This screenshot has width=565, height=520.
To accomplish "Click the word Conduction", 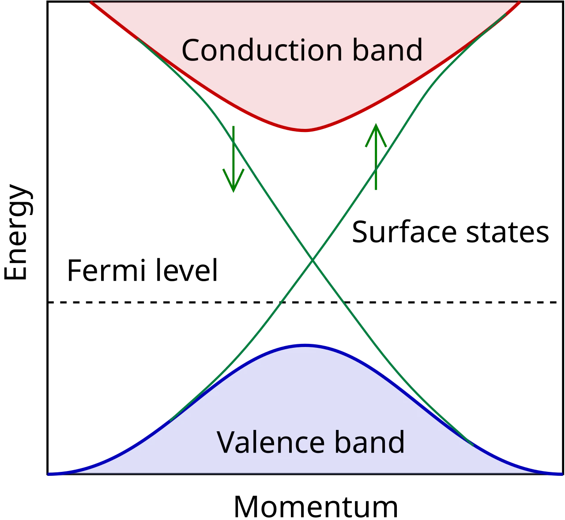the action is click(x=262, y=50).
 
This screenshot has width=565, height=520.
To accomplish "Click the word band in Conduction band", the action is click(x=388, y=49).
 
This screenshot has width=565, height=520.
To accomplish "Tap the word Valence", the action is click(x=271, y=442).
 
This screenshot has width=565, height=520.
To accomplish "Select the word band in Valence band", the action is click(x=369, y=442).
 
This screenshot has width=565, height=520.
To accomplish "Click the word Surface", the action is click(x=404, y=232).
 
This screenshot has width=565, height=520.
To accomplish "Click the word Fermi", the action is click(x=106, y=271).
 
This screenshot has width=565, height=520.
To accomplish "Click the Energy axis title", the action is click(x=18, y=232).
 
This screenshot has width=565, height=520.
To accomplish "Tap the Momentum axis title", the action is click(x=316, y=506).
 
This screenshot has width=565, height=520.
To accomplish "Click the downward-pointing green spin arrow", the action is click(x=233, y=159).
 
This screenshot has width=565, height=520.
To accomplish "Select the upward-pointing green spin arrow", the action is click(x=376, y=157).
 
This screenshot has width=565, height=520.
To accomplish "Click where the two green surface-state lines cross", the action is click(x=313, y=261).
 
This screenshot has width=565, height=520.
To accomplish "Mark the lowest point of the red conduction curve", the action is click(x=305, y=130).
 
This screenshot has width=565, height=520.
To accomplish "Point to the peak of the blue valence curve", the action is click(x=305, y=345).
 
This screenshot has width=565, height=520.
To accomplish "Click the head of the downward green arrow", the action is click(x=233, y=192).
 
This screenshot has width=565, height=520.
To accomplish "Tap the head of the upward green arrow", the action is click(x=376, y=124).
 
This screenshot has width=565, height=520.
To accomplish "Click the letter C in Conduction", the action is click(x=192, y=50).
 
